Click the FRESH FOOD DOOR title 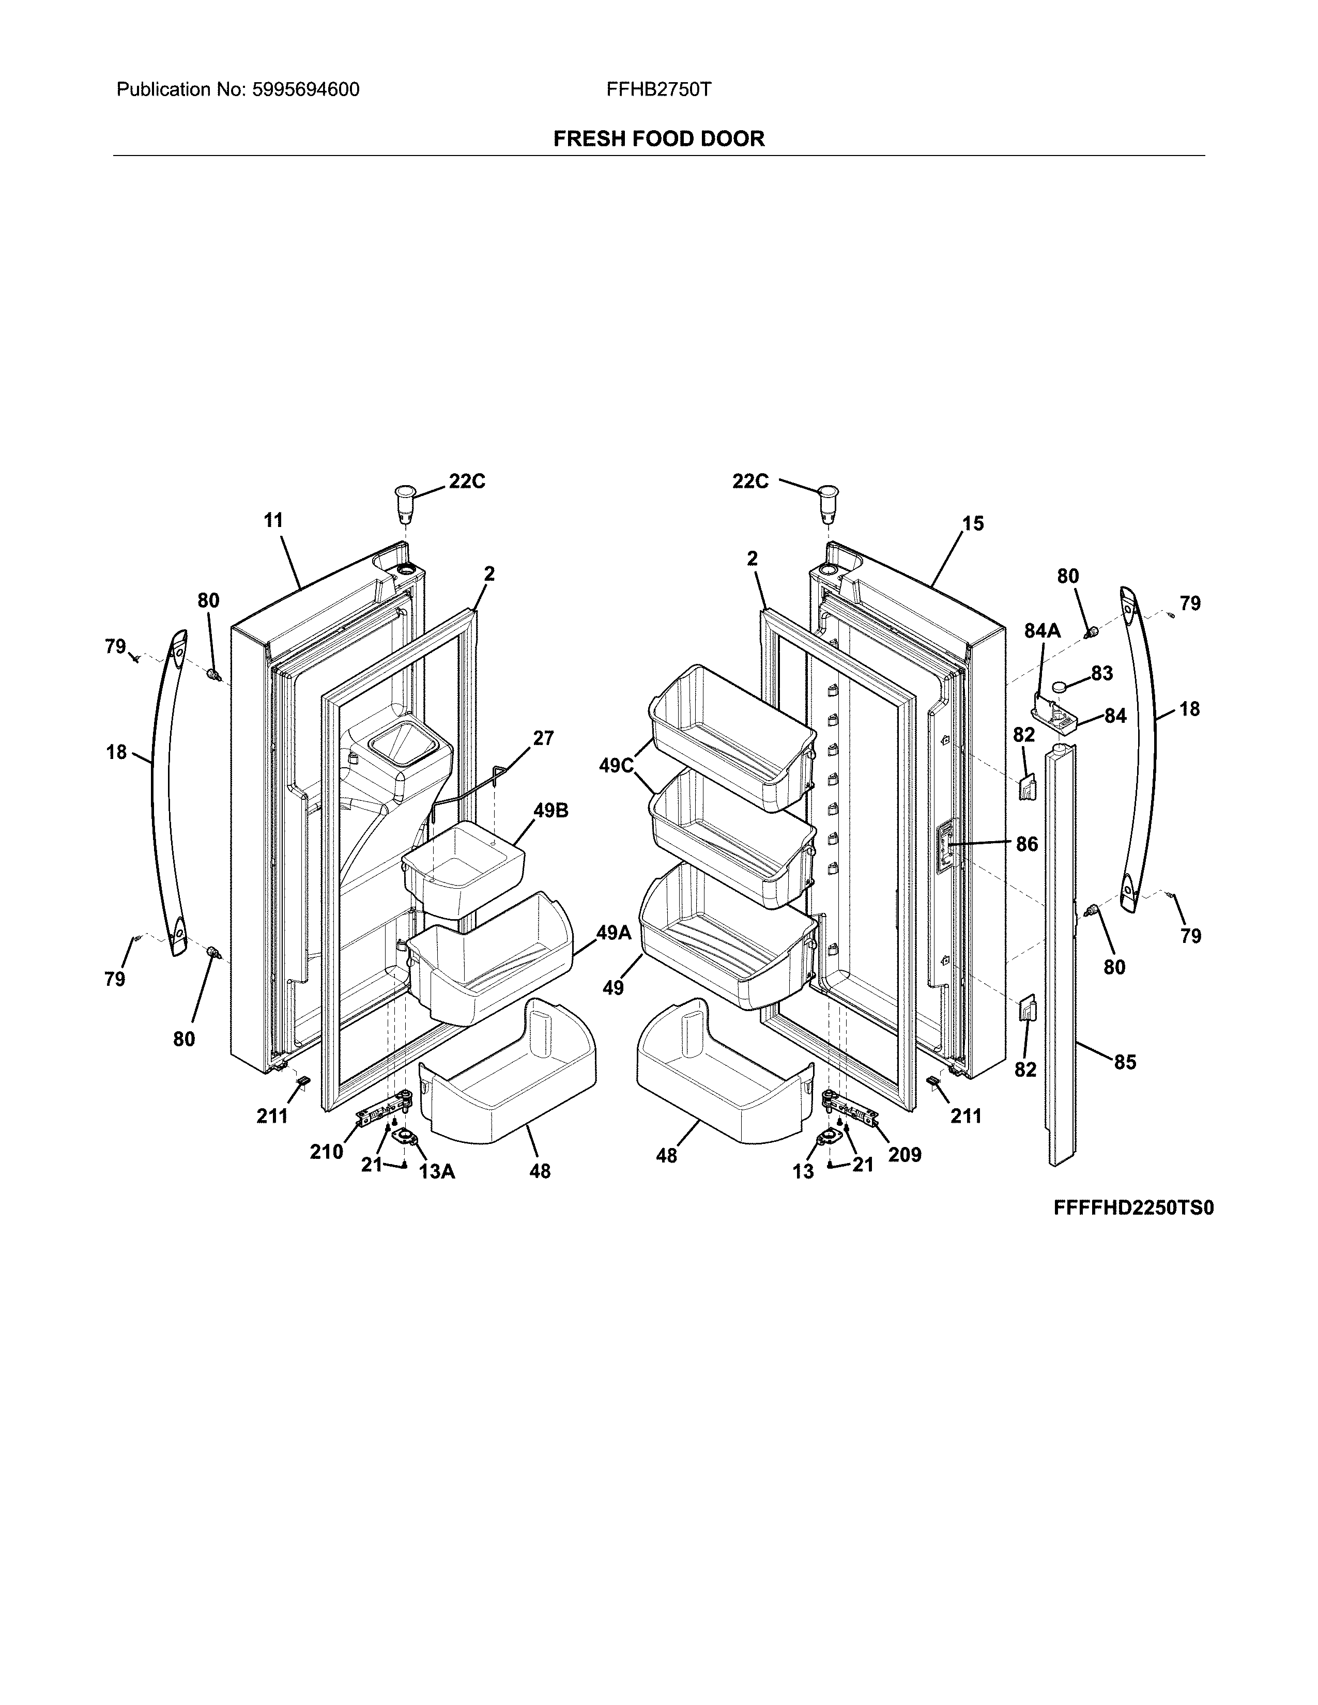[x=658, y=139]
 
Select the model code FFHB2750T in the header [x=658, y=90]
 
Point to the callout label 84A [x=1043, y=631]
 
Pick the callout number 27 [x=543, y=738]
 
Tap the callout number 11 [x=273, y=520]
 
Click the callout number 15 [x=973, y=524]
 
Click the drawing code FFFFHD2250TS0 [x=1133, y=1208]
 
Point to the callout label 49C [x=616, y=766]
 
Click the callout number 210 [x=326, y=1152]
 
